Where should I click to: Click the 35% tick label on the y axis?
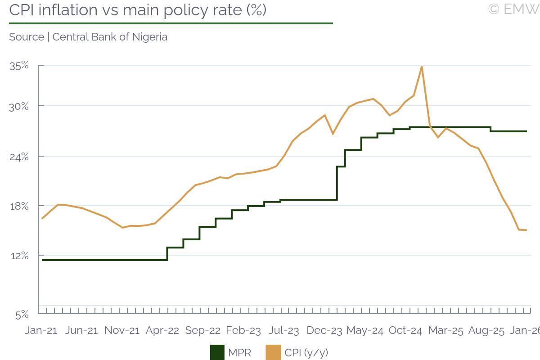pyautogui.click(x=19, y=66)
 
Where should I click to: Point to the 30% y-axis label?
pyautogui.click(x=19, y=106)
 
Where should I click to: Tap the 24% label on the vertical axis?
pyautogui.click(x=19, y=156)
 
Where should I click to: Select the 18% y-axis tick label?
pyautogui.click(x=19, y=206)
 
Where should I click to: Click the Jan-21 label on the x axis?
pyautogui.click(x=41, y=330)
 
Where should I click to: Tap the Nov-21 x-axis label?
pyautogui.click(x=122, y=330)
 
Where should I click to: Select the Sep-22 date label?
pyautogui.click(x=203, y=330)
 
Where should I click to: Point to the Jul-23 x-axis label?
pyautogui.click(x=284, y=330)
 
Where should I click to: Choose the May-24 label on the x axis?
pyautogui.click(x=365, y=330)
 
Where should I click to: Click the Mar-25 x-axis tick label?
pyautogui.click(x=445, y=330)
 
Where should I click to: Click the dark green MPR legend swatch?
pyautogui.click(x=217, y=352)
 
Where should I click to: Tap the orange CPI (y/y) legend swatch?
pyautogui.click(x=273, y=352)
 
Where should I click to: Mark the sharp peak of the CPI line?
pyautogui.click(x=421, y=67)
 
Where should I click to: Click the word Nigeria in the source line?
pyautogui.click(x=149, y=37)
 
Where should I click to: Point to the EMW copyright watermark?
pyautogui.click(x=513, y=9)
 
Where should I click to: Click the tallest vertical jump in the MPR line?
pyautogui.click(x=337, y=183)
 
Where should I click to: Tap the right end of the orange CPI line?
pyautogui.click(x=526, y=230)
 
